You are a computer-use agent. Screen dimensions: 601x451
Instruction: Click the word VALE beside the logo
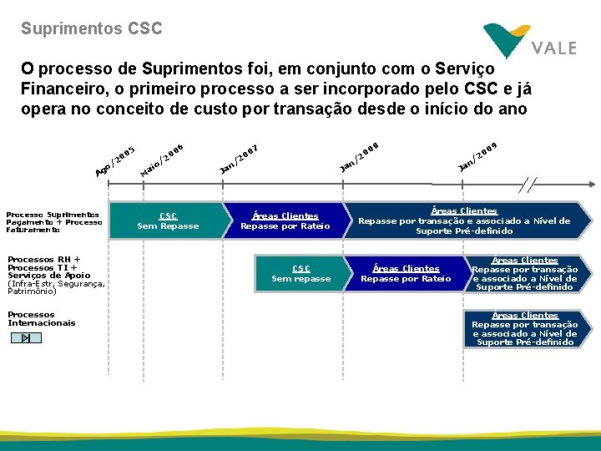click(x=553, y=48)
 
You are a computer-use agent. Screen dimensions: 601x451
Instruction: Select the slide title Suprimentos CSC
click(x=92, y=28)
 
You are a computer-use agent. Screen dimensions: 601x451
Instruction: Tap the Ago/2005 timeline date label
click(x=115, y=161)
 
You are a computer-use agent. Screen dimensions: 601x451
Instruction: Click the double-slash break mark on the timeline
click(x=528, y=185)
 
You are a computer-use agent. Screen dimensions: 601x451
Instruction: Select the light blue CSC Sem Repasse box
click(x=168, y=220)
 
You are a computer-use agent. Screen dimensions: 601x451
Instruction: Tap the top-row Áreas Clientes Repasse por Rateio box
click(x=285, y=220)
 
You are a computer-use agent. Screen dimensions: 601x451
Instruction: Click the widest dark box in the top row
click(x=464, y=220)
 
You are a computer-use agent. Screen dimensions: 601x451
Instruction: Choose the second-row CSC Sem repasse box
click(x=301, y=273)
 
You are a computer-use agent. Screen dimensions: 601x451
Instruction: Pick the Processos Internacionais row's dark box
click(x=525, y=328)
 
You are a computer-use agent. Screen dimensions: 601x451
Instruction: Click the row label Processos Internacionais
click(x=42, y=319)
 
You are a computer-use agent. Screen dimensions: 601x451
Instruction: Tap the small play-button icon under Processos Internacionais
click(x=26, y=337)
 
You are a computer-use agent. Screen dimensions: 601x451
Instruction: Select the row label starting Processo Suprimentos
click(x=53, y=222)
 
